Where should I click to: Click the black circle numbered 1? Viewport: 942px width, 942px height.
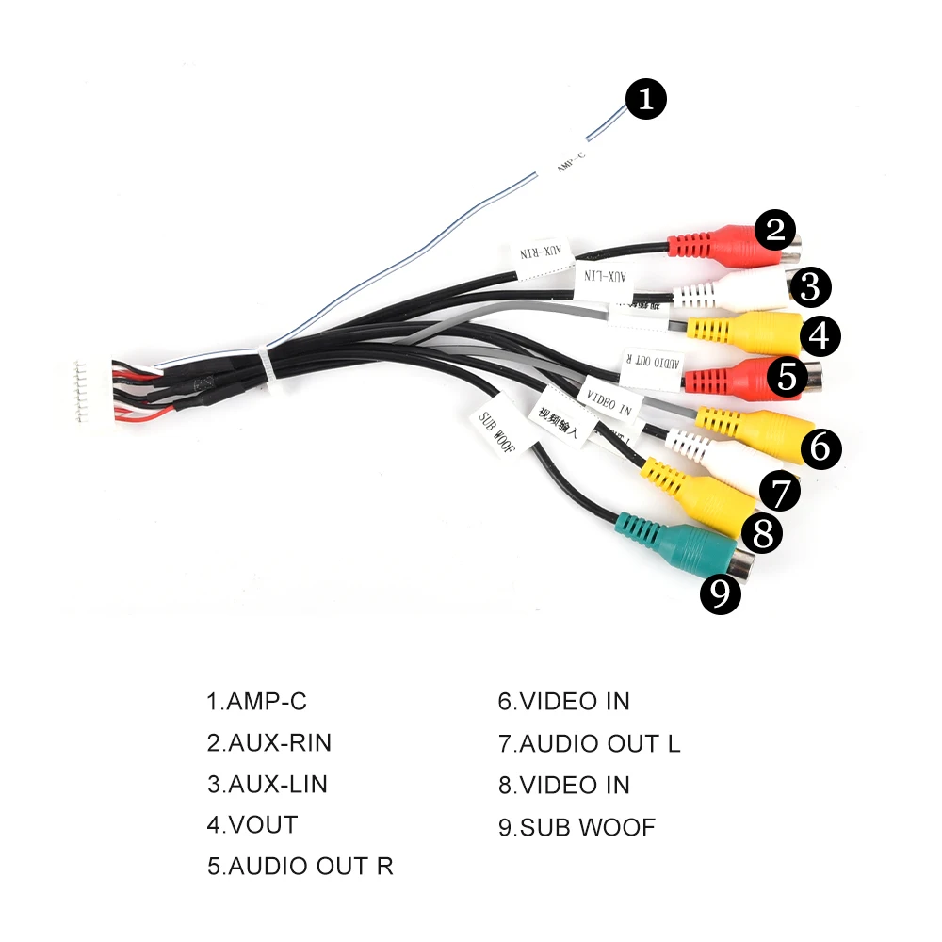pyautogui.click(x=646, y=99)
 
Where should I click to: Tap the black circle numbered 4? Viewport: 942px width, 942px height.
pyautogui.click(x=820, y=335)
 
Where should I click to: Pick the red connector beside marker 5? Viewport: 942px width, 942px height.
pyautogui.click(x=735, y=377)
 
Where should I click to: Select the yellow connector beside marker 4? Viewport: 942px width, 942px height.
pyautogui.click(x=744, y=331)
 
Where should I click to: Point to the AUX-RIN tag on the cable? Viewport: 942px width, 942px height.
pyautogui.click(x=542, y=253)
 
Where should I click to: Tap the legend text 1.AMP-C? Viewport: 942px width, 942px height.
pyautogui.click(x=257, y=702)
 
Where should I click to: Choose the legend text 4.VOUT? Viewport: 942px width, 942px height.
pyautogui.click(x=252, y=825)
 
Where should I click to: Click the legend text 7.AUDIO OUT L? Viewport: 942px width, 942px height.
pyautogui.click(x=589, y=743)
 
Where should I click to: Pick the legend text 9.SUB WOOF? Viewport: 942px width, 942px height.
pyautogui.click(x=577, y=828)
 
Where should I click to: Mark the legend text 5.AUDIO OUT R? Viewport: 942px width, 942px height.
pyautogui.click(x=300, y=867)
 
